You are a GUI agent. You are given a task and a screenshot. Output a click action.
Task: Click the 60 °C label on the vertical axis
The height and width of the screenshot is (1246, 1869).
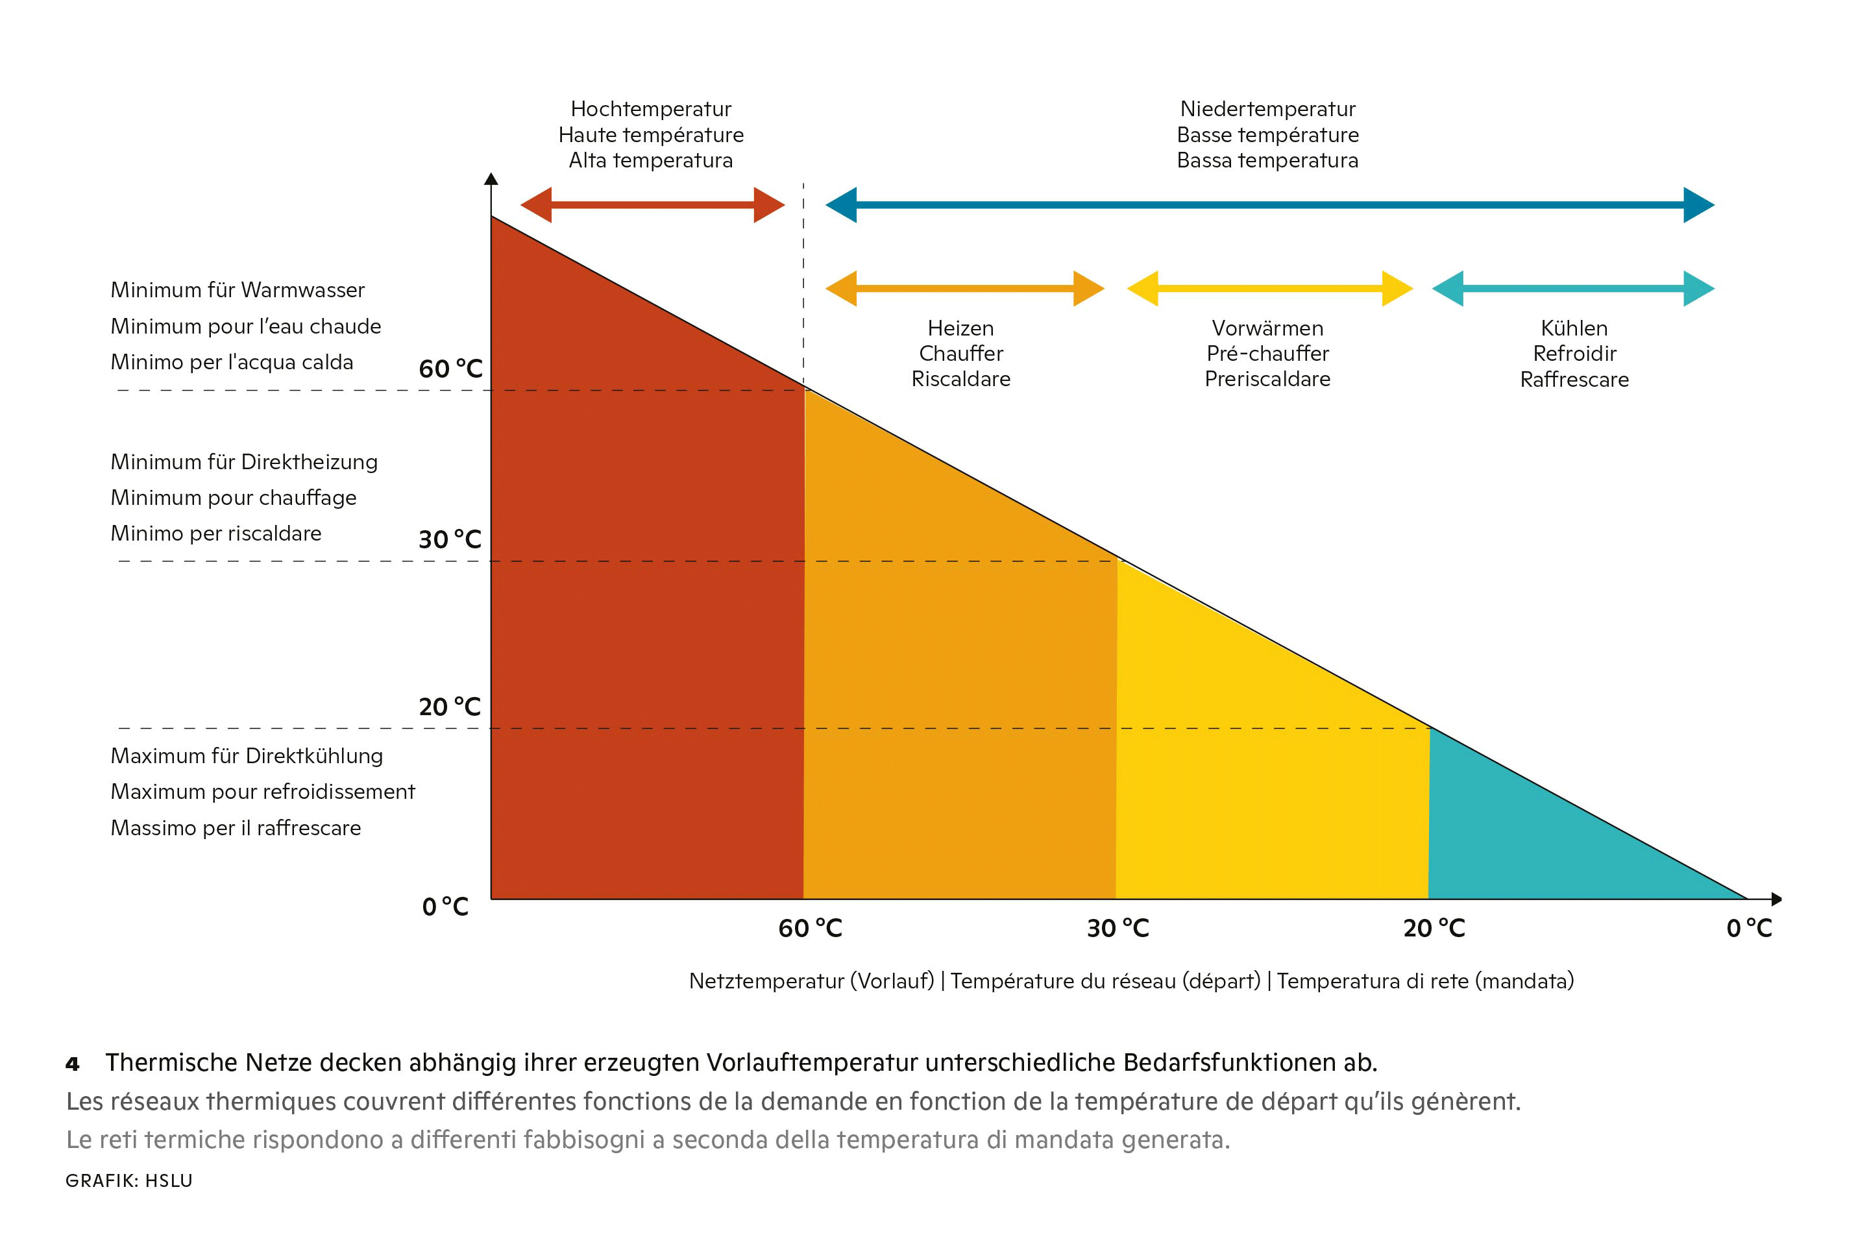tap(450, 369)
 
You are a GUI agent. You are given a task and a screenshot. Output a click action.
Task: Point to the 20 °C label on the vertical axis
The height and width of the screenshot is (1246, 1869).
tap(450, 707)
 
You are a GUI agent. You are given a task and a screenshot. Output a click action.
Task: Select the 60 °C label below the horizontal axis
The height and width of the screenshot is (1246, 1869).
tap(810, 928)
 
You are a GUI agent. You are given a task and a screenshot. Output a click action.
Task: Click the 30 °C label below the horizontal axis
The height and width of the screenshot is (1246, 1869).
tap(1118, 928)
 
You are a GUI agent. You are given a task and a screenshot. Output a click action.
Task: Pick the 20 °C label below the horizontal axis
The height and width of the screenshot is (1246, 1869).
tap(1434, 928)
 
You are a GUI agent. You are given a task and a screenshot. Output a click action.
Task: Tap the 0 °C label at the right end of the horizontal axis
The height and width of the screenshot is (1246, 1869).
tap(1749, 928)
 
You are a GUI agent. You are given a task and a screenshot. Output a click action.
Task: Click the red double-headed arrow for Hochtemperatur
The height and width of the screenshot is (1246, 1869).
tap(652, 205)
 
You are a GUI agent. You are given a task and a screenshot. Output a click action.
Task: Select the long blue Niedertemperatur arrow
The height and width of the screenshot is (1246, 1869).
tap(1269, 205)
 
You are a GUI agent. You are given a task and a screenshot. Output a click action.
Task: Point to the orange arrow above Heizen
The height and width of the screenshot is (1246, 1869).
tap(965, 288)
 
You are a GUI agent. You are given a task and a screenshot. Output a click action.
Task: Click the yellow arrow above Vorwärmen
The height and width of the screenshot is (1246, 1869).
tap(1269, 288)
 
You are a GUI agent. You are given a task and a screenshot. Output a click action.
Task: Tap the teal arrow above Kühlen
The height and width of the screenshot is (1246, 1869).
tap(1572, 288)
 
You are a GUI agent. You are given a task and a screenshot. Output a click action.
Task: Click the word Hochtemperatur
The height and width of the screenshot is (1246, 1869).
tap(651, 109)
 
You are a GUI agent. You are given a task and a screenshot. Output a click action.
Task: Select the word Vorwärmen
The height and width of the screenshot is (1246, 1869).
tap(1267, 328)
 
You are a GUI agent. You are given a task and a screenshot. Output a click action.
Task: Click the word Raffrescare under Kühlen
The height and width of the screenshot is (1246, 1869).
tap(1574, 380)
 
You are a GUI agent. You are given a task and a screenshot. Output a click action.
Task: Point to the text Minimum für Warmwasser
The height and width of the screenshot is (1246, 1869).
tap(238, 290)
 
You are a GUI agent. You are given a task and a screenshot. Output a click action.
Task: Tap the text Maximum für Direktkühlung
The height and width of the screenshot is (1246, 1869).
tap(247, 755)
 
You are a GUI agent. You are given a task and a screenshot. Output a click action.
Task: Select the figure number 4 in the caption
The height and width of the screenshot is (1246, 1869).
tap(72, 1064)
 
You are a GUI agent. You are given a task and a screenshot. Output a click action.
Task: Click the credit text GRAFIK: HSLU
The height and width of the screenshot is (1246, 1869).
tap(128, 1181)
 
